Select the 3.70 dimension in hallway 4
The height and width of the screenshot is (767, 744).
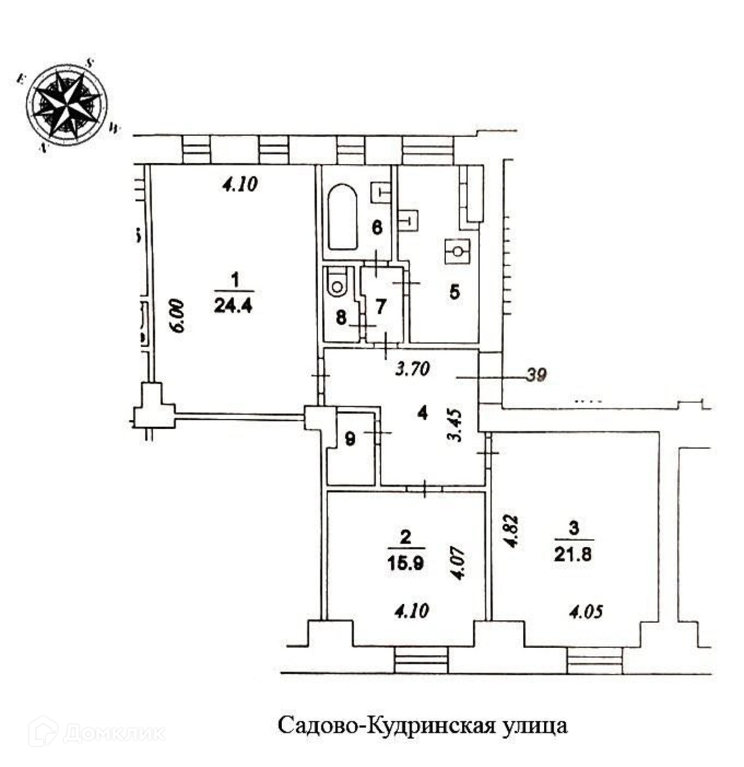pos(412,370)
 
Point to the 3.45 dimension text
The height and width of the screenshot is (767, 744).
pos(458,425)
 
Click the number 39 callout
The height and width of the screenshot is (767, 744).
pos(536,377)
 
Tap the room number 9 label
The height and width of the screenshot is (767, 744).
pos(351,439)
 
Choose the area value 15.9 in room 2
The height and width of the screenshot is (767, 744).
pos(406,564)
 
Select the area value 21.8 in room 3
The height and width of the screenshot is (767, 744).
pos(573,554)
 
